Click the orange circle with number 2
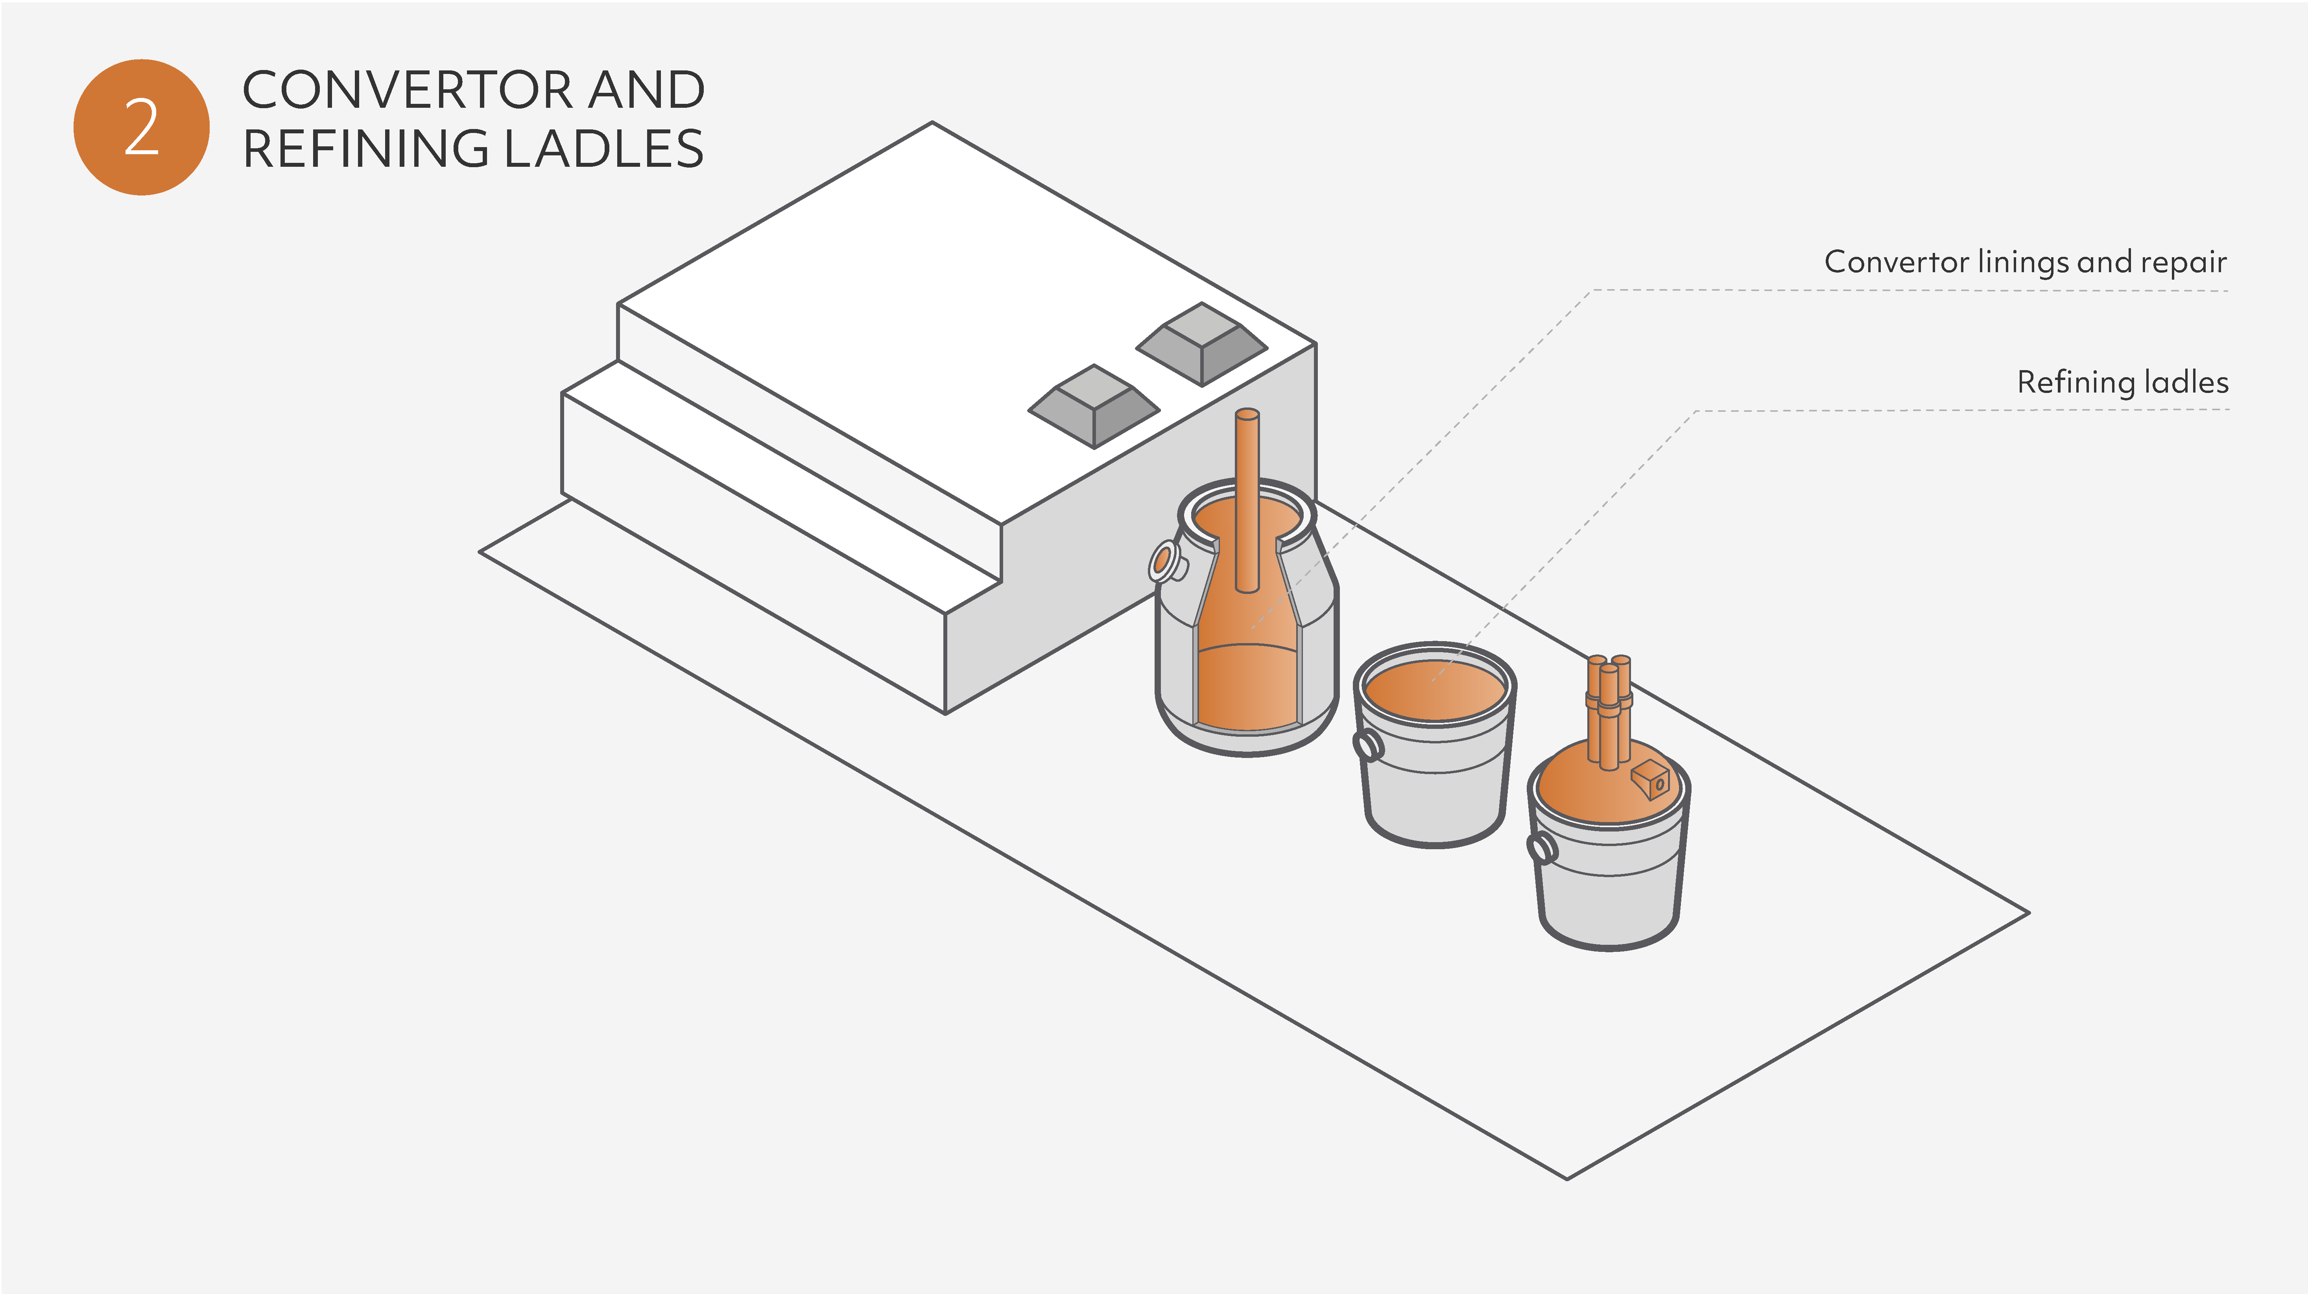click(142, 127)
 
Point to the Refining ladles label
click(2122, 382)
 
